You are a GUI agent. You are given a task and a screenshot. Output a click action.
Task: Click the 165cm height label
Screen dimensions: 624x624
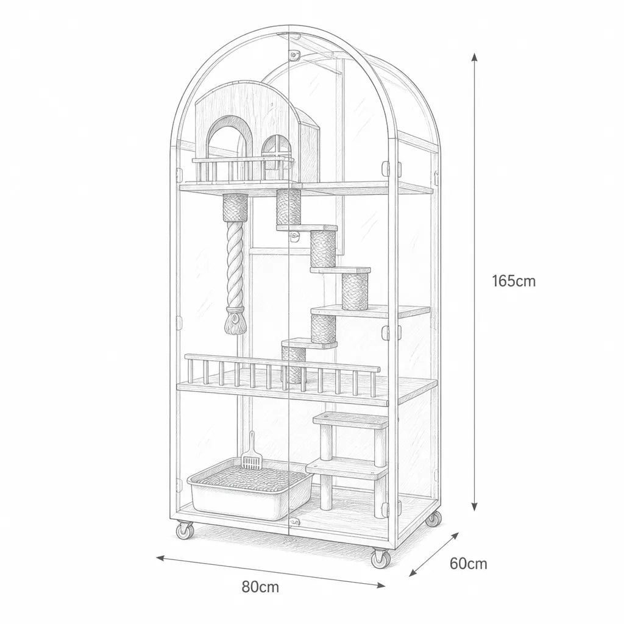tap(514, 281)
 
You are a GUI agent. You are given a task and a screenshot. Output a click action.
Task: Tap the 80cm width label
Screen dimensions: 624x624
tap(260, 587)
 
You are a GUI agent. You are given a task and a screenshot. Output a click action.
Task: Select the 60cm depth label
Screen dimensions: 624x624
tap(469, 564)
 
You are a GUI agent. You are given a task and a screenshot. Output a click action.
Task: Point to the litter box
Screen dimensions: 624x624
tap(250, 488)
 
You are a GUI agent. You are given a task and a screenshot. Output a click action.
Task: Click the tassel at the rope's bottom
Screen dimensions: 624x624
tap(235, 322)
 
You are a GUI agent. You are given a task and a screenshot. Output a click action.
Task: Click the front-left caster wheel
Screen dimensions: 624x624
tap(185, 531)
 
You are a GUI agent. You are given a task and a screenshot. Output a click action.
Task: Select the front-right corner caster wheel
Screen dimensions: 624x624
tap(380, 558)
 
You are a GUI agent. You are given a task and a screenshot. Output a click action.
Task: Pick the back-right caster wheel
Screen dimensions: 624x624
tap(433, 519)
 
